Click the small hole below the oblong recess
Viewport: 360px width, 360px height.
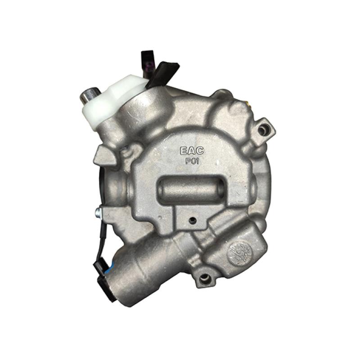[193, 220]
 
